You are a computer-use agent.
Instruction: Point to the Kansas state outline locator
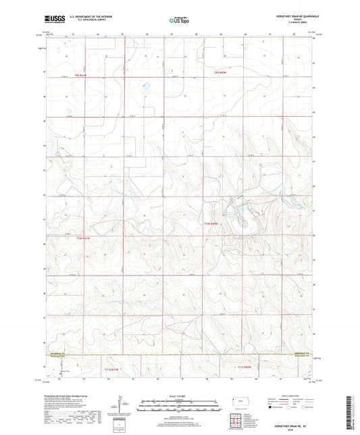click(x=238, y=401)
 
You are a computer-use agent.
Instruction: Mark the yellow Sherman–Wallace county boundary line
click(x=176, y=356)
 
